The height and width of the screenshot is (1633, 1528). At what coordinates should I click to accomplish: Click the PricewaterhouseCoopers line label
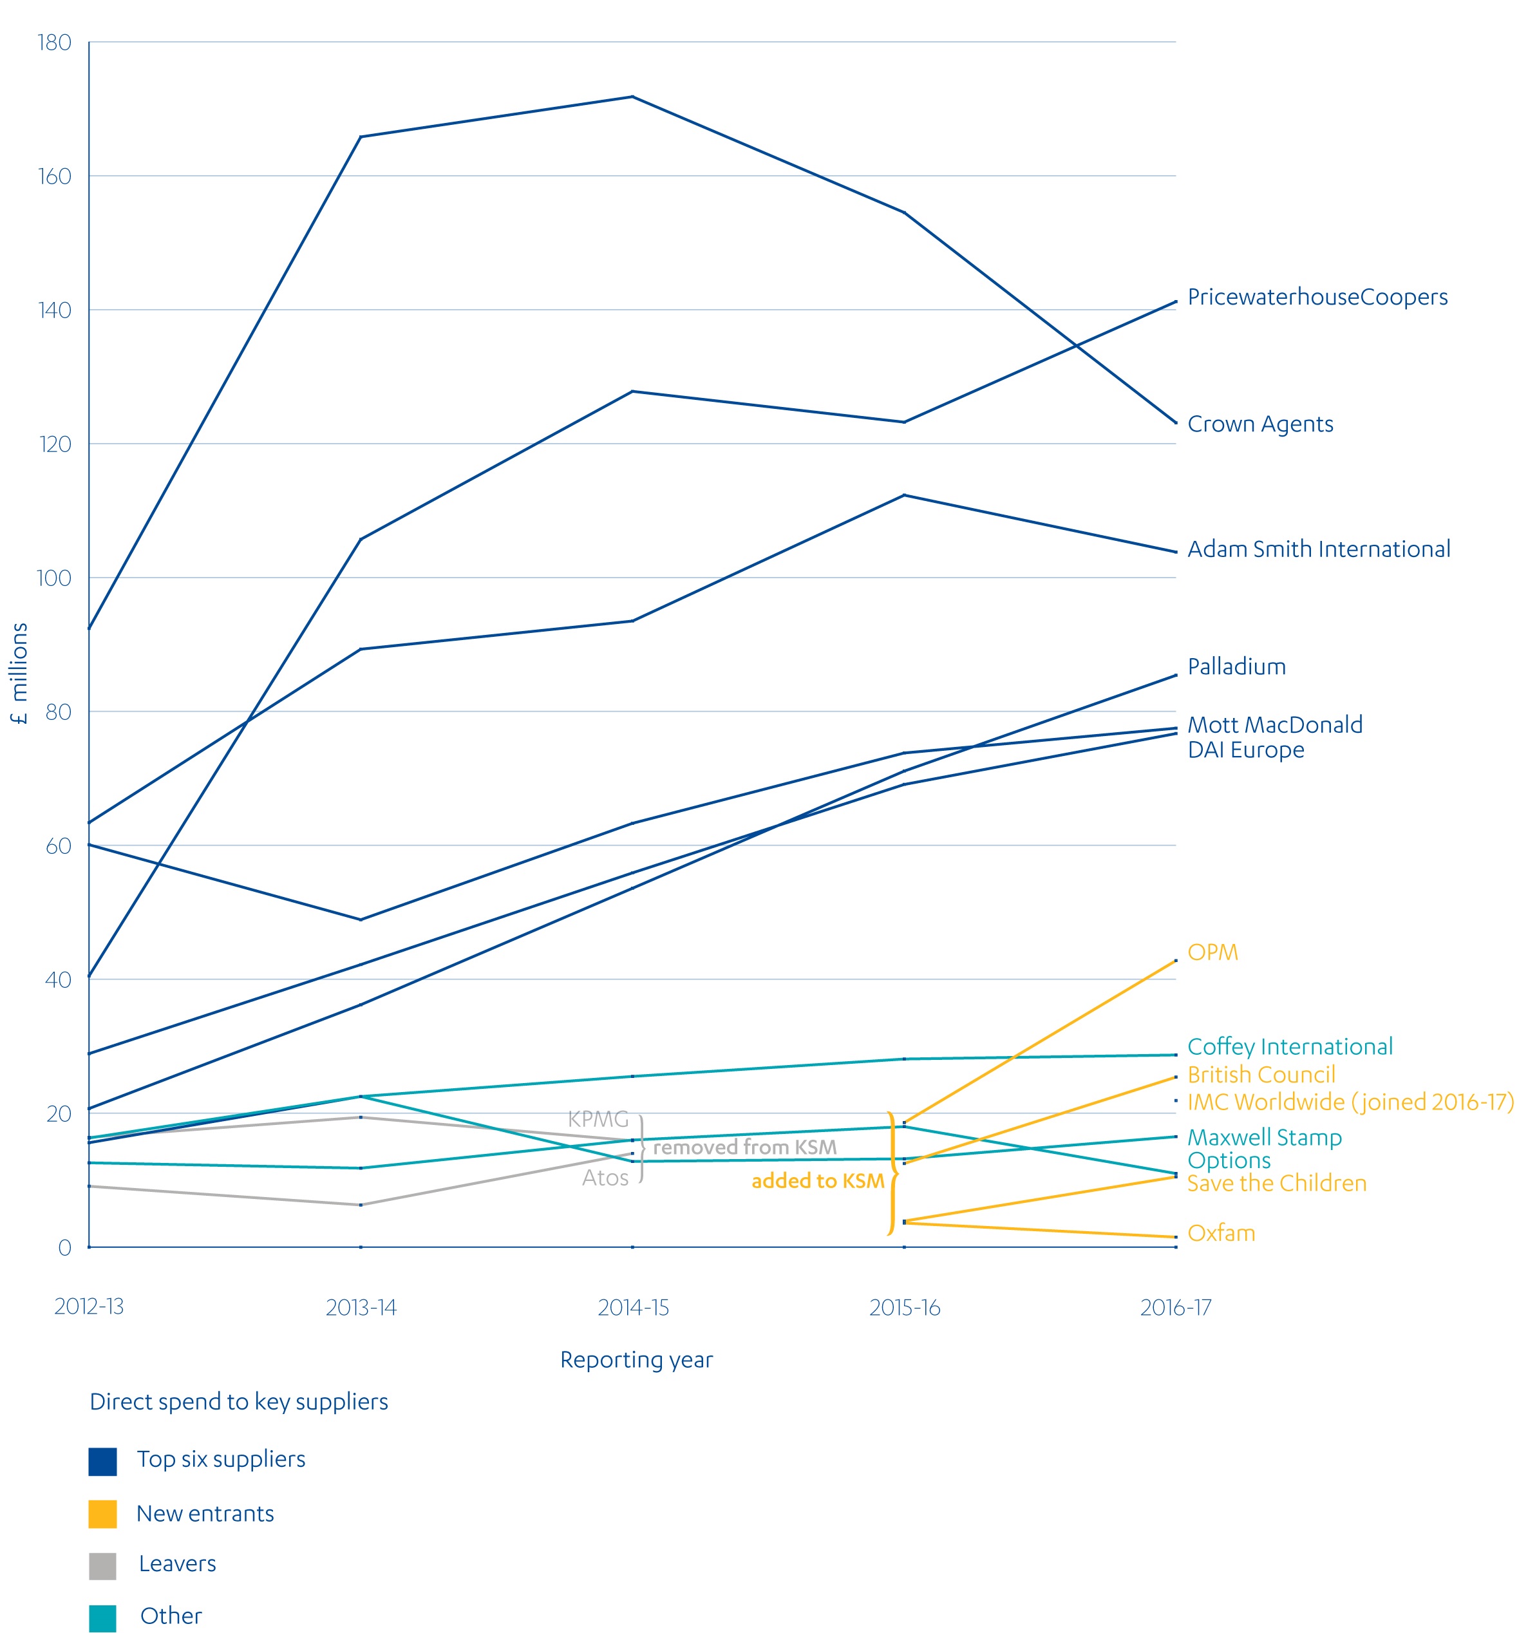click(1317, 297)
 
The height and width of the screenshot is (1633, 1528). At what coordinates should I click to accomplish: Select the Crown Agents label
click(1259, 424)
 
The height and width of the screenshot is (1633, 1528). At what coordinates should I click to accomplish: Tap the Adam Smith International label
click(1317, 549)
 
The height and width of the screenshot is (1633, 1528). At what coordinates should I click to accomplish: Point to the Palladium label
click(1236, 666)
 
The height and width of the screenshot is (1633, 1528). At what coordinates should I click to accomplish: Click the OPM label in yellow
click(1212, 952)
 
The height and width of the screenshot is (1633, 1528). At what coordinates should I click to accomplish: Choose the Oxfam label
click(1221, 1233)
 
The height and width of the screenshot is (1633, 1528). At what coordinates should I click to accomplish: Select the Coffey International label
click(1289, 1046)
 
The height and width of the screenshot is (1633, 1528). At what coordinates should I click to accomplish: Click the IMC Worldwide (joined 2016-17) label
click(1350, 1102)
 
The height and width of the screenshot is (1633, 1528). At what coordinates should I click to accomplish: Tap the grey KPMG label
click(598, 1119)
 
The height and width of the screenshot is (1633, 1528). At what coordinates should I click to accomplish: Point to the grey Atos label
click(605, 1178)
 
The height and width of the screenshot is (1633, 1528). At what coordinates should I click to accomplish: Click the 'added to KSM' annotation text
click(816, 1180)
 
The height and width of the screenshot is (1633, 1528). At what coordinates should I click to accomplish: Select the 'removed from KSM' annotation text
click(744, 1147)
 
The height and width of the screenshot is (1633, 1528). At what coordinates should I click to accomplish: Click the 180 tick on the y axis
click(54, 42)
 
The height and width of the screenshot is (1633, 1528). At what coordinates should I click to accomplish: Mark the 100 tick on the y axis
click(54, 578)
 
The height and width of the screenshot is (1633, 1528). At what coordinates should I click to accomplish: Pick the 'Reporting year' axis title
click(636, 1360)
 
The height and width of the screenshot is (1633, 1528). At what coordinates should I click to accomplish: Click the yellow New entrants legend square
click(102, 1514)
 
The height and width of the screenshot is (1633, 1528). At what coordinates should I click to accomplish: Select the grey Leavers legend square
click(102, 1565)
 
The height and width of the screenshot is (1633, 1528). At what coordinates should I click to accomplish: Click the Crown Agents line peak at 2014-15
click(632, 97)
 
